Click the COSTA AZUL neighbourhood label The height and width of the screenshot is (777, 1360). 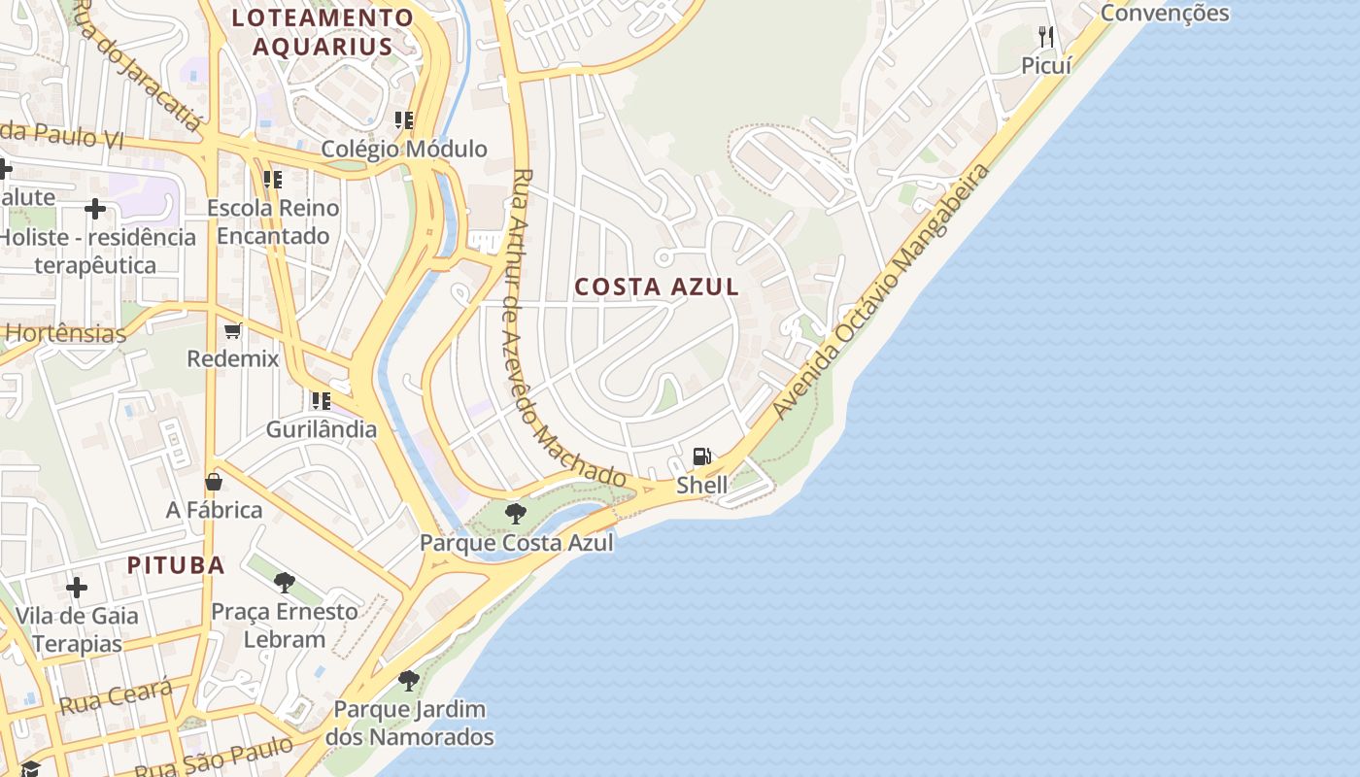(657, 287)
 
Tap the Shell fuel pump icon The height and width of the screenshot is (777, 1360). (701, 456)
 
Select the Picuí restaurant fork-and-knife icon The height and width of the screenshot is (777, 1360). (1046, 37)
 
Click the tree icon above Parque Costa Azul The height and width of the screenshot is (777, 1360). (516, 513)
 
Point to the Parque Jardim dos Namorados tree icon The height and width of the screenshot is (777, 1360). (409, 680)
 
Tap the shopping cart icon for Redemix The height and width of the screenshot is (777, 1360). (233, 331)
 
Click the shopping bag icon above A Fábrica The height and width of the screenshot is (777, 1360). (214, 482)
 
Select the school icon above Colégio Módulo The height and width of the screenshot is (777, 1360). (404, 120)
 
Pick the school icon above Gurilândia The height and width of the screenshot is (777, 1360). (321, 400)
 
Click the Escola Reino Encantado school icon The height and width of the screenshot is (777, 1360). (273, 180)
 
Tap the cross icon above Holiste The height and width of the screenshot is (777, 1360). (95, 209)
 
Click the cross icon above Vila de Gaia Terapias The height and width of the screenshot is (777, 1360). (77, 588)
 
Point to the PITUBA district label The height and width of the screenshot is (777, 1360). (176, 565)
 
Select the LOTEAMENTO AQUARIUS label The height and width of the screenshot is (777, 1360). (323, 31)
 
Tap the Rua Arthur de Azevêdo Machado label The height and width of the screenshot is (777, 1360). (568, 330)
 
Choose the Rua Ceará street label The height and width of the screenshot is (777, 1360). (116, 697)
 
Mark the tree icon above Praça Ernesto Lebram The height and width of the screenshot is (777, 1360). (285, 583)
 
